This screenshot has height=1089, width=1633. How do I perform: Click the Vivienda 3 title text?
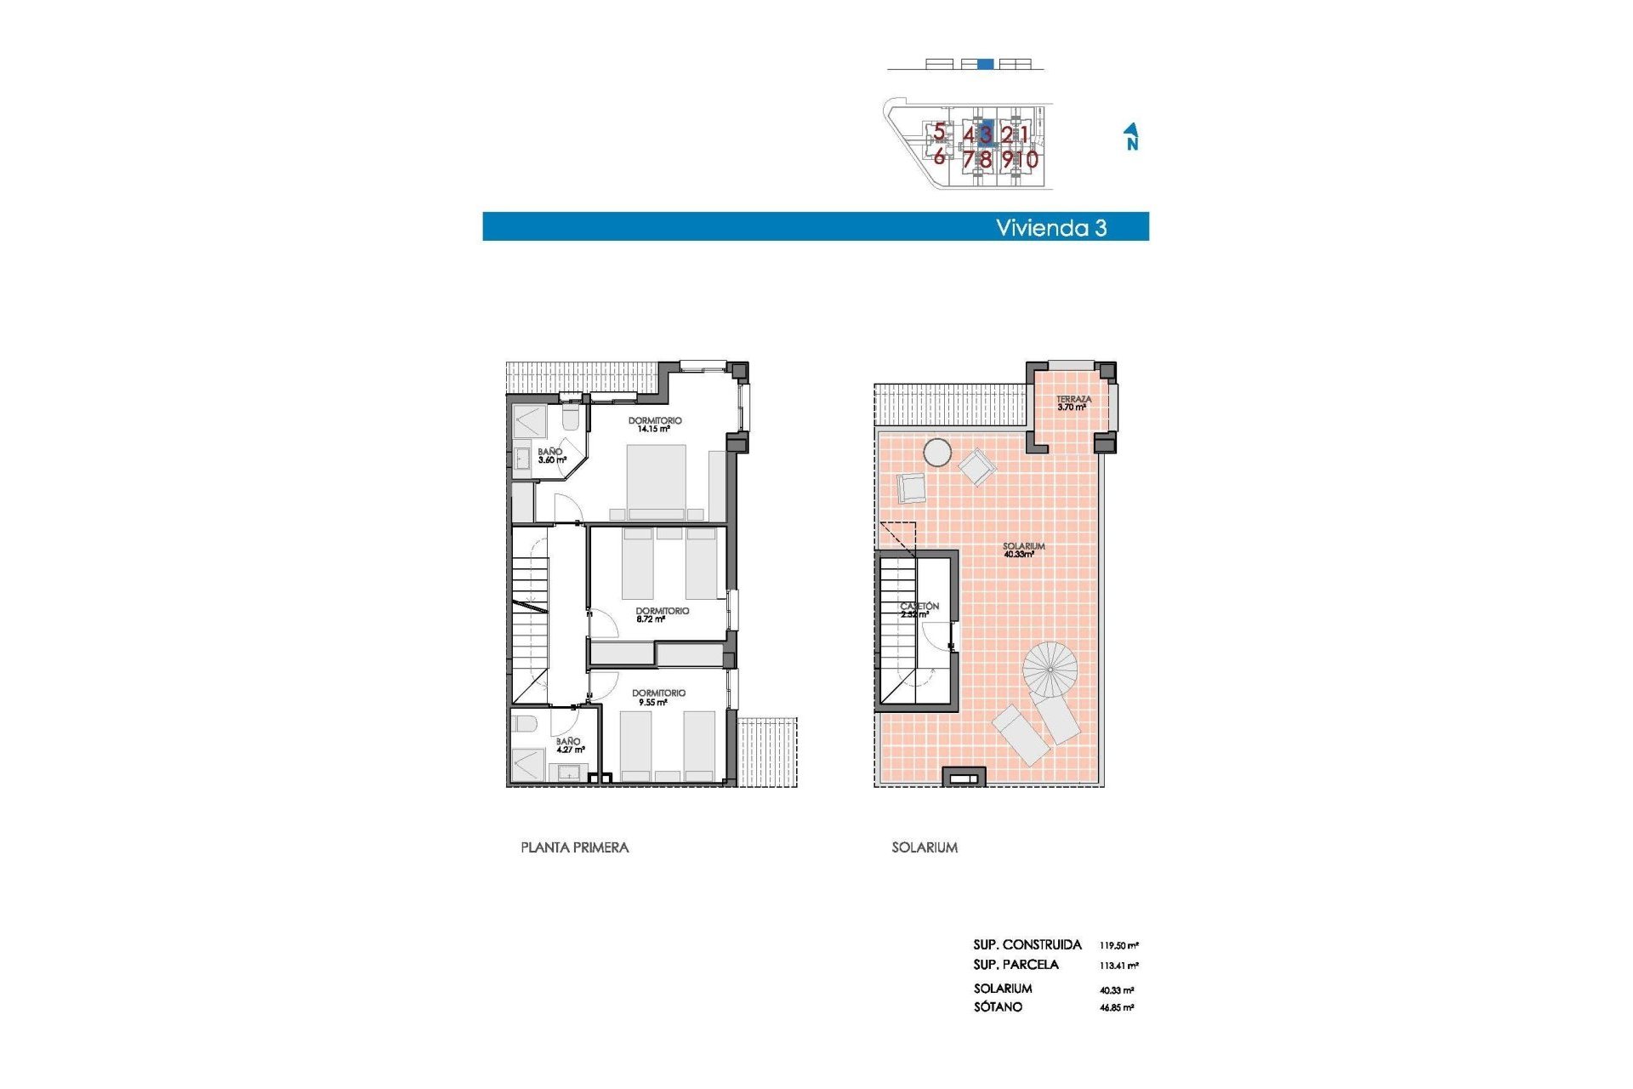(1050, 227)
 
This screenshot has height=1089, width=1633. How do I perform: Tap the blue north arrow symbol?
(1131, 136)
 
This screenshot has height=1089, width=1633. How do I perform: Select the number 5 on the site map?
(939, 132)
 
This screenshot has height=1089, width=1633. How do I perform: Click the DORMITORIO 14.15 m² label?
(655, 425)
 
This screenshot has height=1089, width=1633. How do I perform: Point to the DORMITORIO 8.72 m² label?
(662, 614)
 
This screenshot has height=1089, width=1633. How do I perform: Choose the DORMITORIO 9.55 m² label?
(658, 698)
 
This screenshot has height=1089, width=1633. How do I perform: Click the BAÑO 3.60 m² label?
(551, 456)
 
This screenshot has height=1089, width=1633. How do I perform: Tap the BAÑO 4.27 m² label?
(569, 745)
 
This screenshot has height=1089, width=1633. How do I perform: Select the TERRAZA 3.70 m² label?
(1073, 402)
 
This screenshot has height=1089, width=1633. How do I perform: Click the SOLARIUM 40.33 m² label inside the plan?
(1023, 550)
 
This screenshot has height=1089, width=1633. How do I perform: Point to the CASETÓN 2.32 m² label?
(919, 609)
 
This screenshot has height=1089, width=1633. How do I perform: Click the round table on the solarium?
(937, 452)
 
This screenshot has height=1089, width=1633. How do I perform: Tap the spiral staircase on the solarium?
(1050, 669)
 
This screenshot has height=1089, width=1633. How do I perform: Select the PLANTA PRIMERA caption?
(574, 847)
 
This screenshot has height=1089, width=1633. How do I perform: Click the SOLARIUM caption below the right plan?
(925, 847)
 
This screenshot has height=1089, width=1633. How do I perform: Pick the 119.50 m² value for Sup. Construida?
(1118, 945)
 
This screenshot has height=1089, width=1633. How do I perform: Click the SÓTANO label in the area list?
(998, 1007)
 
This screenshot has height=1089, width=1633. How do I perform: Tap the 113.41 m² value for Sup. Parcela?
(1118, 966)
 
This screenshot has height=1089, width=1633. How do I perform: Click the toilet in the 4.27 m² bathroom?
(524, 724)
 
